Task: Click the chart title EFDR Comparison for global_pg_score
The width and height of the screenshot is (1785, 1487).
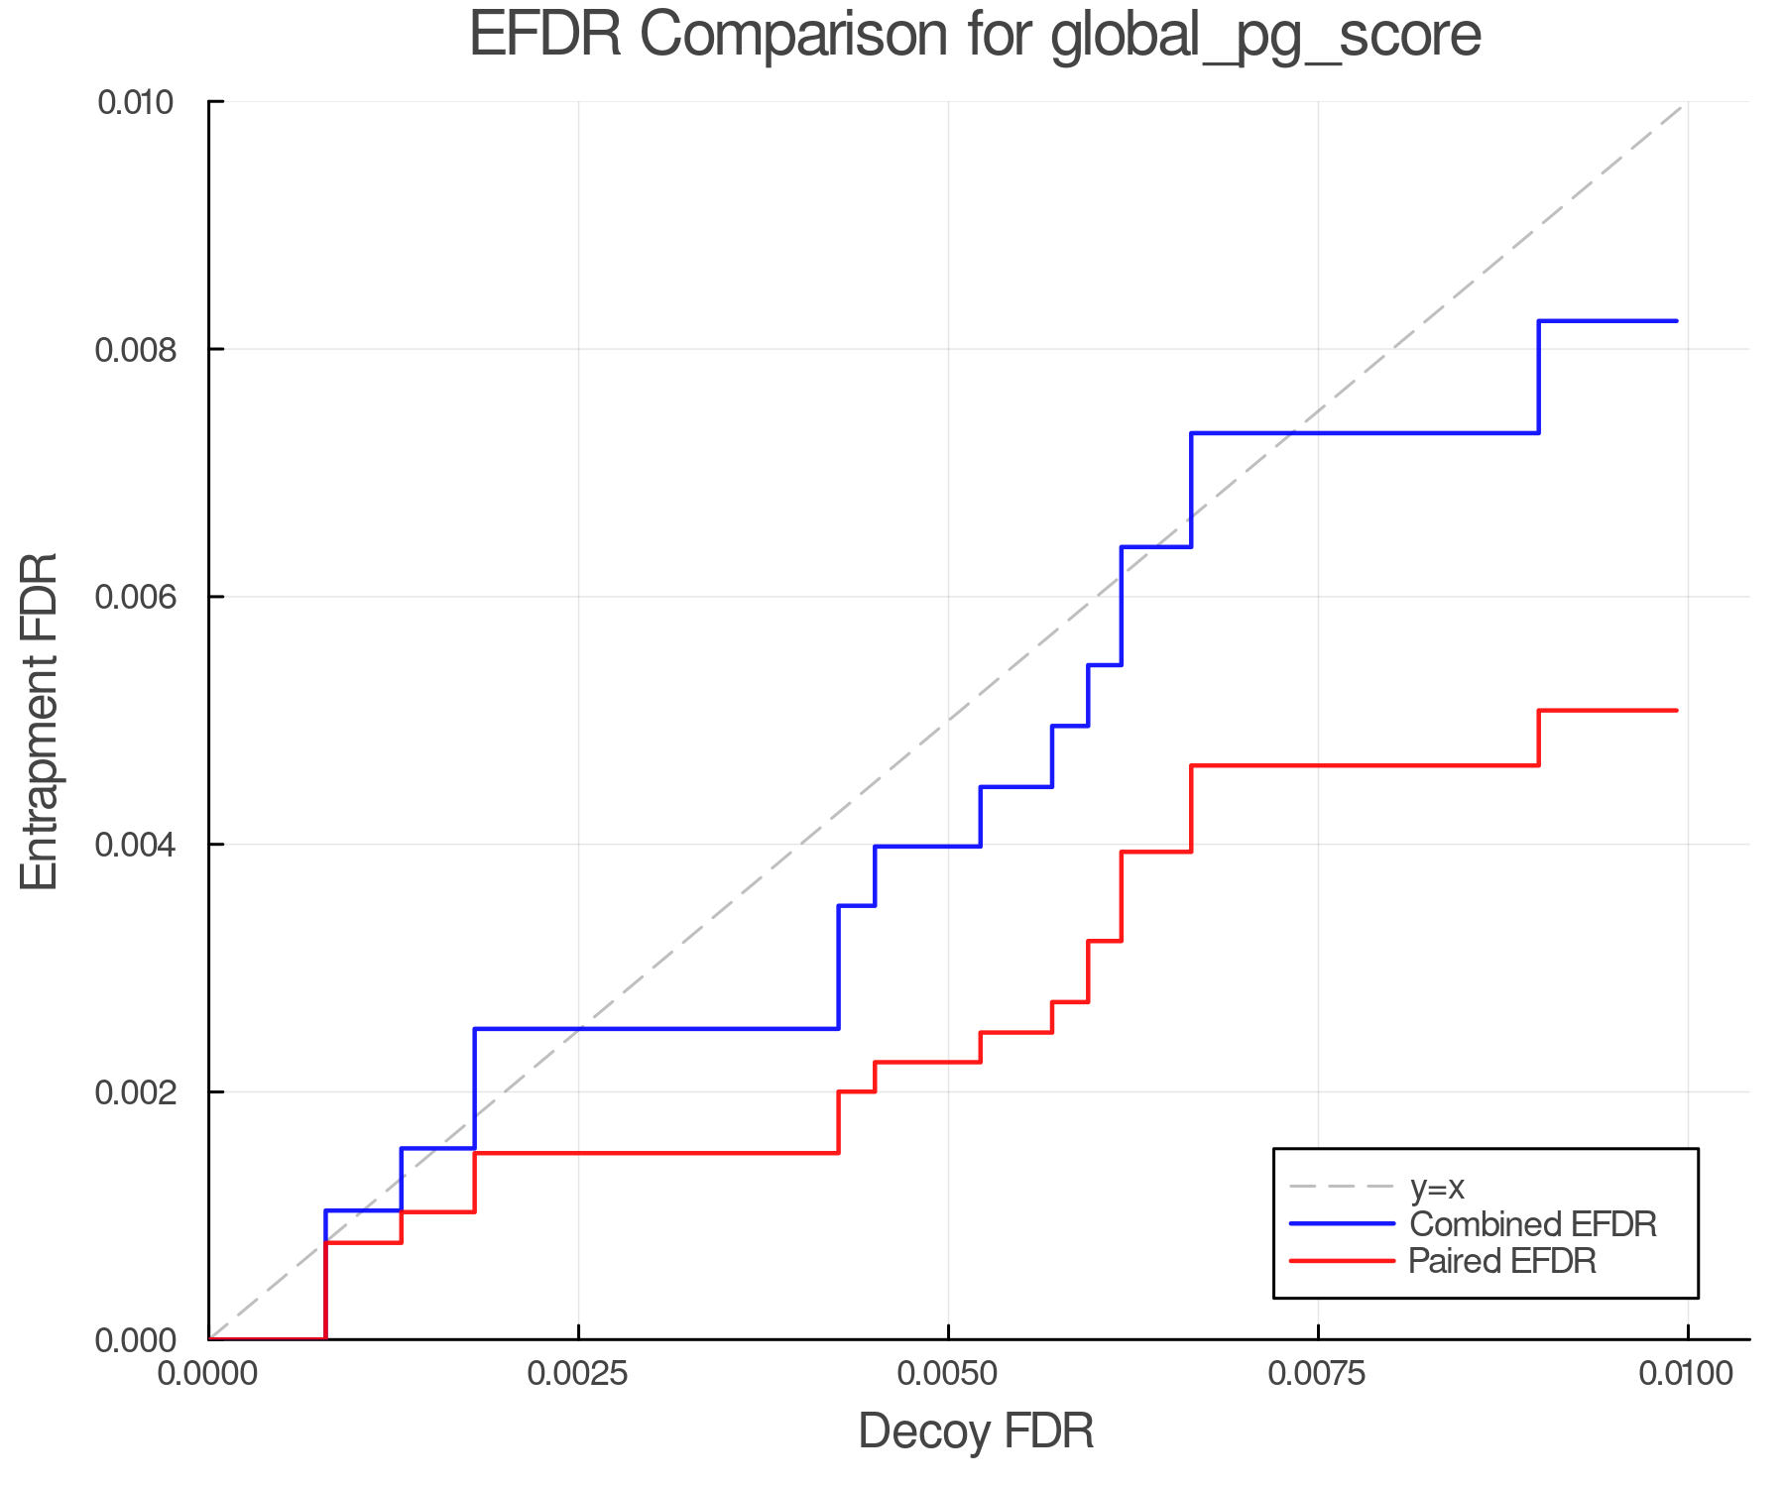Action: [x=975, y=36]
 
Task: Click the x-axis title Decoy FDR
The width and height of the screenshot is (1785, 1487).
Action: [x=975, y=1430]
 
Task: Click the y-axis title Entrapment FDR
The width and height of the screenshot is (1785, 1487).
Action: [x=40, y=722]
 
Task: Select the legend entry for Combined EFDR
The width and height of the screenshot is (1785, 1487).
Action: [x=1532, y=1224]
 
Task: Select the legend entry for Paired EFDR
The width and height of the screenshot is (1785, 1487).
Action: [x=1501, y=1261]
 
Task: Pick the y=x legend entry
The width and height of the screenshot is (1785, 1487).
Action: [x=1437, y=1187]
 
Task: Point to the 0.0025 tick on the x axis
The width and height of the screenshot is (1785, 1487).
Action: [x=578, y=1374]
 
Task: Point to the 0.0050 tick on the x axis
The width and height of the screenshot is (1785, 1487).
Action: [x=948, y=1374]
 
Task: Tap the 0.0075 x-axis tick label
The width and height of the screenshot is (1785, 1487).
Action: [x=1318, y=1374]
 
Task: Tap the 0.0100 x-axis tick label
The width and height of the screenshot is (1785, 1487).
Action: [x=1687, y=1374]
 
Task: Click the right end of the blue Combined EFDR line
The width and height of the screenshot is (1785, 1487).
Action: [x=1676, y=321]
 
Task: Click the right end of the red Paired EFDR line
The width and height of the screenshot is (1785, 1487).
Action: [x=1676, y=711]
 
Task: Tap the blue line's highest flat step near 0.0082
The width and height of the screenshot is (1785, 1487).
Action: [x=1606, y=321]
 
